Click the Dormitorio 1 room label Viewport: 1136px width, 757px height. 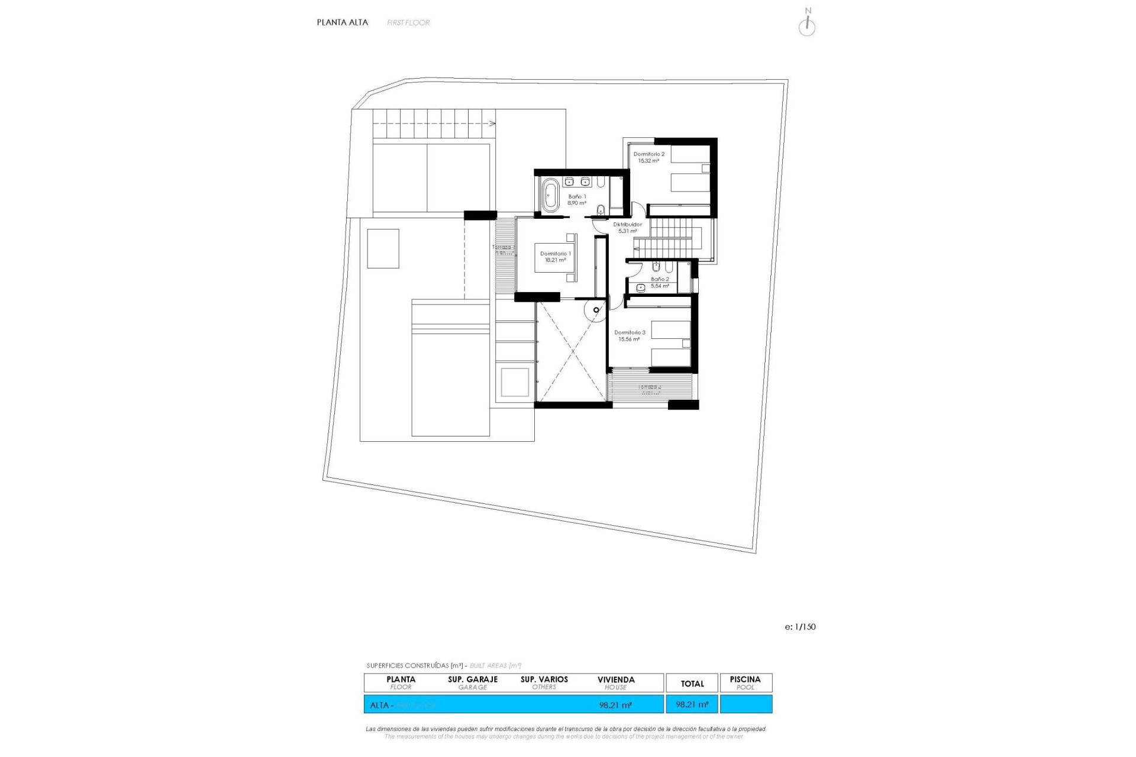[555, 257]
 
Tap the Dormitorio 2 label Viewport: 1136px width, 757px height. [648, 157]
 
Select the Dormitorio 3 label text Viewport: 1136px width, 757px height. [630, 336]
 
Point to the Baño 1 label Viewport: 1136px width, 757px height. [577, 200]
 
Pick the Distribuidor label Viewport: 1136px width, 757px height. [627, 228]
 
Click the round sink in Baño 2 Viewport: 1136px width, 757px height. [641, 287]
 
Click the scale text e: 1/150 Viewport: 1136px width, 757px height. [800, 627]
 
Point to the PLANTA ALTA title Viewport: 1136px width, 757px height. [342, 22]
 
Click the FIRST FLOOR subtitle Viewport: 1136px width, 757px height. [408, 22]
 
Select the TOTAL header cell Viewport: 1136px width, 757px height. [692, 684]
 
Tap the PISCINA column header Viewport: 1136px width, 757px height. [745, 682]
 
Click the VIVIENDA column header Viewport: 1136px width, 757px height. [615, 682]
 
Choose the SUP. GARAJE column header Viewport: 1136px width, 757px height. [473, 682]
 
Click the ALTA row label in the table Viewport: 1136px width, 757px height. [380, 705]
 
